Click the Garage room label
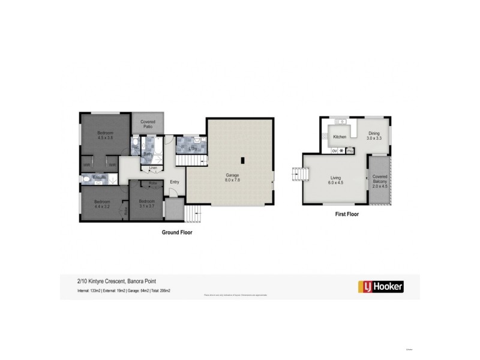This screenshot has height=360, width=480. point(232,177)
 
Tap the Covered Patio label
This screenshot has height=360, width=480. point(148,124)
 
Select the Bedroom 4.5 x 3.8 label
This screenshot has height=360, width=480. point(106,134)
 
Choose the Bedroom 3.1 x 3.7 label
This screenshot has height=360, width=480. point(147,203)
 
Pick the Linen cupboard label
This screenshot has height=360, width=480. point(153,167)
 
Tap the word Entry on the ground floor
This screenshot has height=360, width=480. point(174,182)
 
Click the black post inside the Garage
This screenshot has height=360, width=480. point(242,160)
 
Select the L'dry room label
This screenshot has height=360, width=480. point(193,148)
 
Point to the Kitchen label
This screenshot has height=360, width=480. point(340,137)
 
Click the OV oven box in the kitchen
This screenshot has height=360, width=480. point(334,151)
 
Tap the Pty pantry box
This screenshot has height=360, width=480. point(349,151)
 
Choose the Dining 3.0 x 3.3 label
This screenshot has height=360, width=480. point(374,136)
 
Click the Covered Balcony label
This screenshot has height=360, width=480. point(379,181)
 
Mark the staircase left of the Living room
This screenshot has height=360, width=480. point(298,175)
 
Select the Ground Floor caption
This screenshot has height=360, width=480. point(177,232)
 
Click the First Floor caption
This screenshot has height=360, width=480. point(347,214)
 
